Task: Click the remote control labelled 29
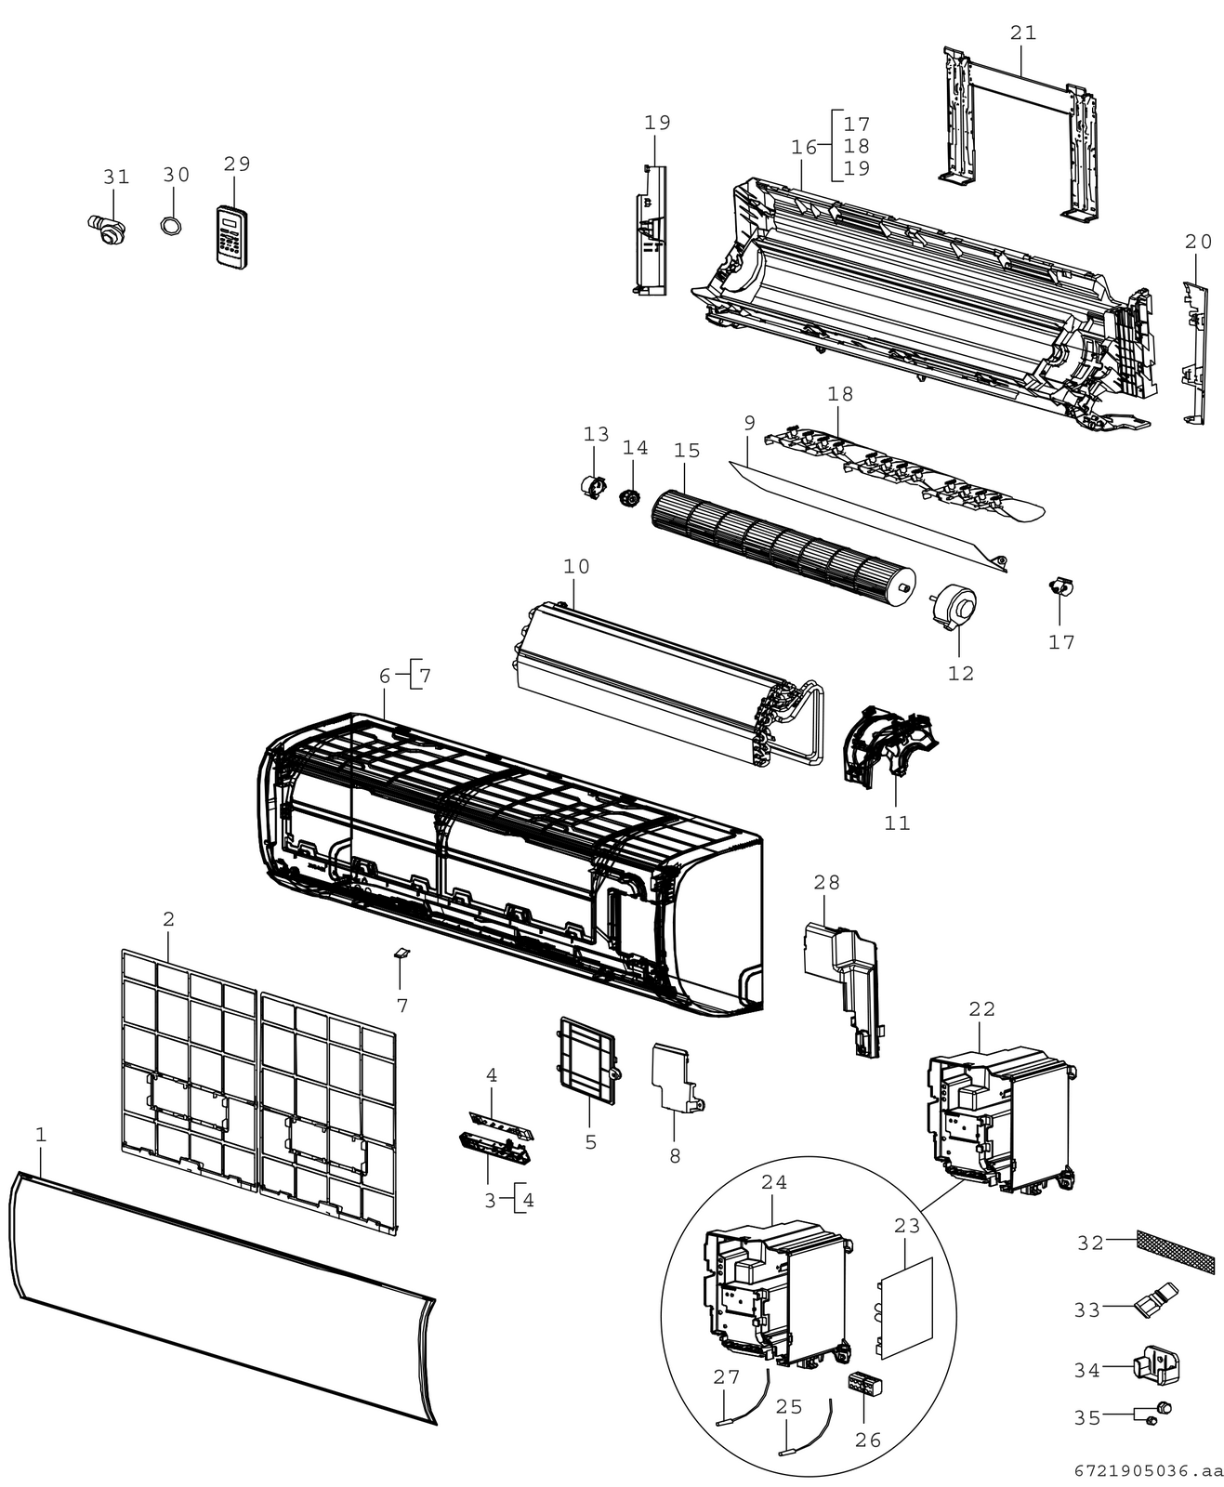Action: pyautogui.click(x=232, y=238)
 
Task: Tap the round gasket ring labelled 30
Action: pyautogui.click(x=171, y=227)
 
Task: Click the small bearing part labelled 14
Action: pyautogui.click(x=628, y=498)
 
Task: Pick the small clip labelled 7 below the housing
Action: pyautogui.click(x=401, y=954)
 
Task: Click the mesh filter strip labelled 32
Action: pyautogui.click(x=1176, y=1256)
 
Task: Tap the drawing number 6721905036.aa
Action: pyautogui.click(x=1148, y=1471)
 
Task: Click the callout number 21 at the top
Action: pyautogui.click(x=1023, y=33)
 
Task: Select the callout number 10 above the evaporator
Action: pyautogui.click(x=576, y=567)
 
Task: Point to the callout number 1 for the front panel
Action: pyautogui.click(x=41, y=1135)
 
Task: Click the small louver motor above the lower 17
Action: pyautogui.click(x=1062, y=586)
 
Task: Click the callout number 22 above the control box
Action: pyautogui.click(x=981, y=1009)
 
